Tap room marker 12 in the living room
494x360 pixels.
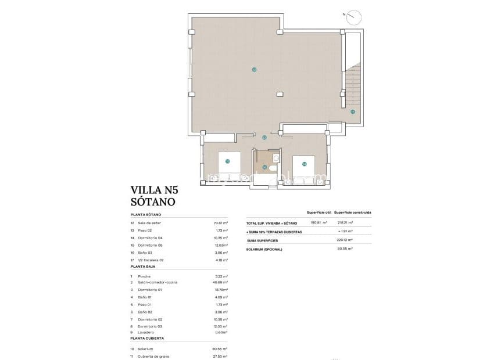255,70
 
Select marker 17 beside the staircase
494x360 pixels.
353,111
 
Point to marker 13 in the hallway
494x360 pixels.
264,138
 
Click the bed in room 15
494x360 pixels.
227,166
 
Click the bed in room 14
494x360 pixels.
304,168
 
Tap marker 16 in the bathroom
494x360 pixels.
264,168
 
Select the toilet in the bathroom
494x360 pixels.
276,157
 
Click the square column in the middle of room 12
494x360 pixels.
280,94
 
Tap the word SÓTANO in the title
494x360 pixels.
153,202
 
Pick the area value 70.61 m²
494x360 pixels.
221,222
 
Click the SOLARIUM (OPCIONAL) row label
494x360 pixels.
264,249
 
